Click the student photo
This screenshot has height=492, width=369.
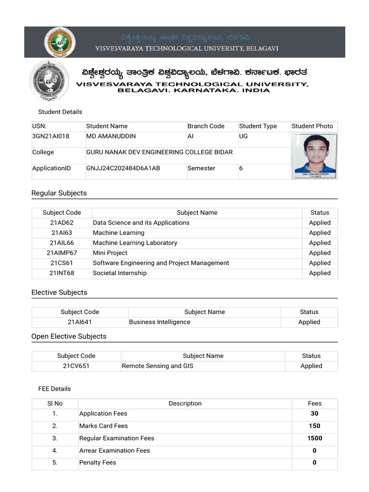pos(315,156)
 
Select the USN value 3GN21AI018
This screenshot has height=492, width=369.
pos(51,136)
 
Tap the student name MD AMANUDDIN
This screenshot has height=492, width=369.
pos(111,136)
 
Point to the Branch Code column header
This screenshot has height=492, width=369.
pos(206,126)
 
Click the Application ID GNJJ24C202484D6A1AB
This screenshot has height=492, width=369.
pos(123,168)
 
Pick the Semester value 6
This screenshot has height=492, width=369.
pos(241,168)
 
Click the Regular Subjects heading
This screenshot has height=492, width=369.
pos(59,193)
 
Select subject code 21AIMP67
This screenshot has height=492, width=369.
pos(61,253)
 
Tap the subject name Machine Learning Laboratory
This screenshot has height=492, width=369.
pos(135,243)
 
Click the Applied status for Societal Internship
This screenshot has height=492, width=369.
pos(320,273)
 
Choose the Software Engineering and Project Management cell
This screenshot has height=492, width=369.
pos(161,263)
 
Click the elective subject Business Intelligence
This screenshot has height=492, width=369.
pos(160,322)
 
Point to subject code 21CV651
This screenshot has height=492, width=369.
pos(76,366)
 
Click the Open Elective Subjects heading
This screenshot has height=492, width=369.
pos(69,336)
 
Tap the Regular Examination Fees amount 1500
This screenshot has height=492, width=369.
pos(315,438)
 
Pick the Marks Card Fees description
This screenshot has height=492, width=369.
pos(104,426)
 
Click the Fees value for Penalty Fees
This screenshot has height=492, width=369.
pos(315,463)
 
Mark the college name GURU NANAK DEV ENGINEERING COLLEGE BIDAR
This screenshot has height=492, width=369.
pos(159,152)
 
